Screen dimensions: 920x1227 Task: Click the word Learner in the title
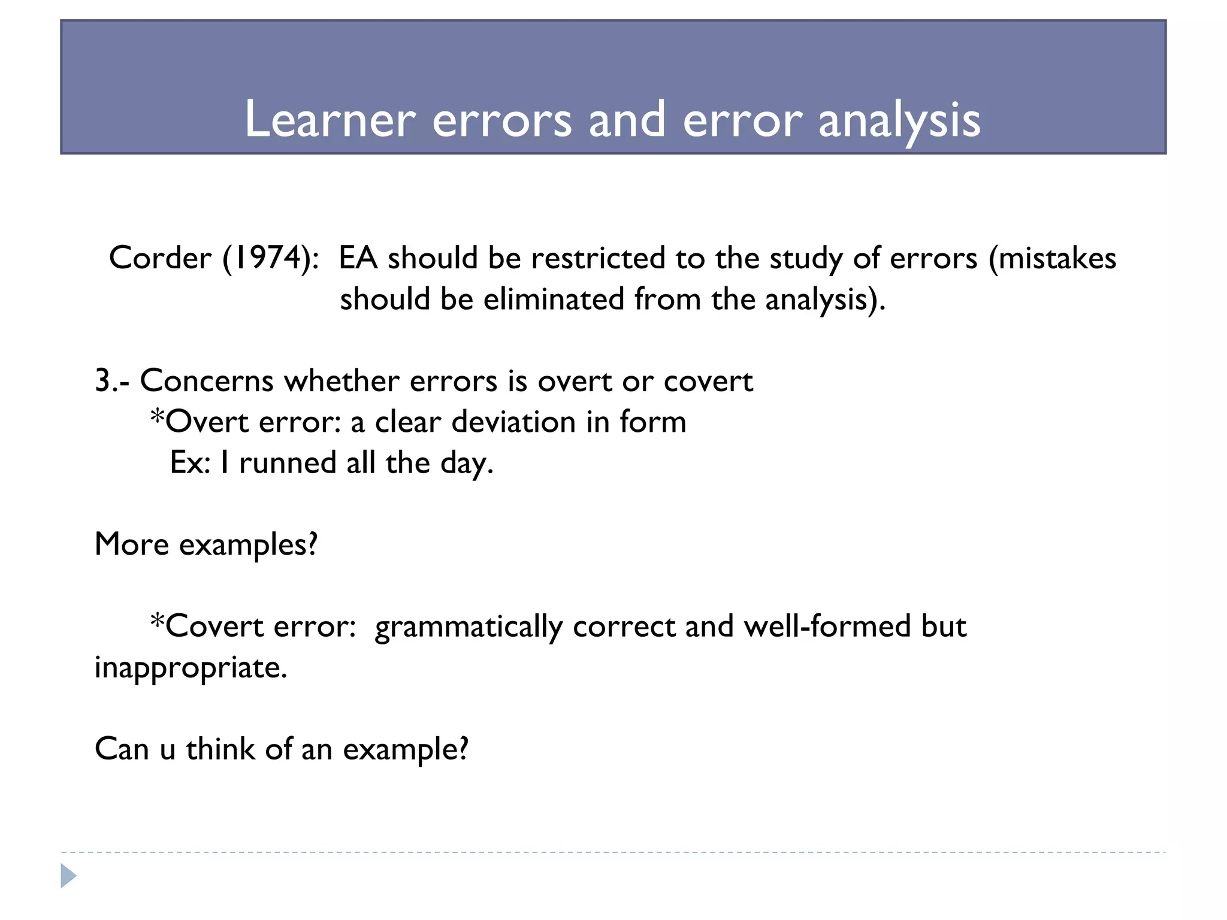pyautogui.click(x=330, y=119)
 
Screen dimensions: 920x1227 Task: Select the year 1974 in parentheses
pyautogui.click(x=270, y=258)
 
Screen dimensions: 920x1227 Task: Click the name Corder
pyautogui.click(x=160, y=258)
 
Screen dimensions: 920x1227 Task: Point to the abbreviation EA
pyautogui.click(x=358, y=258)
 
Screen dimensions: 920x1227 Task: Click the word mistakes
pyautogui.click(x=1057, y=258)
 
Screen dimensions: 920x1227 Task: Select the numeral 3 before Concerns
pyautogui.click(x=102, y=381)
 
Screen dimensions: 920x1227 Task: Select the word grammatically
pyautogui.click(x=469, y=627)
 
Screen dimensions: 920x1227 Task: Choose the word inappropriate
pyautogui.click(x=190, y=668)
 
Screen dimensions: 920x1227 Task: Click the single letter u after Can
pyautogui.click(x=167, y=750)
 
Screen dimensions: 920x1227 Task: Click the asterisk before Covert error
pyautogui.click(x=157, y=621)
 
